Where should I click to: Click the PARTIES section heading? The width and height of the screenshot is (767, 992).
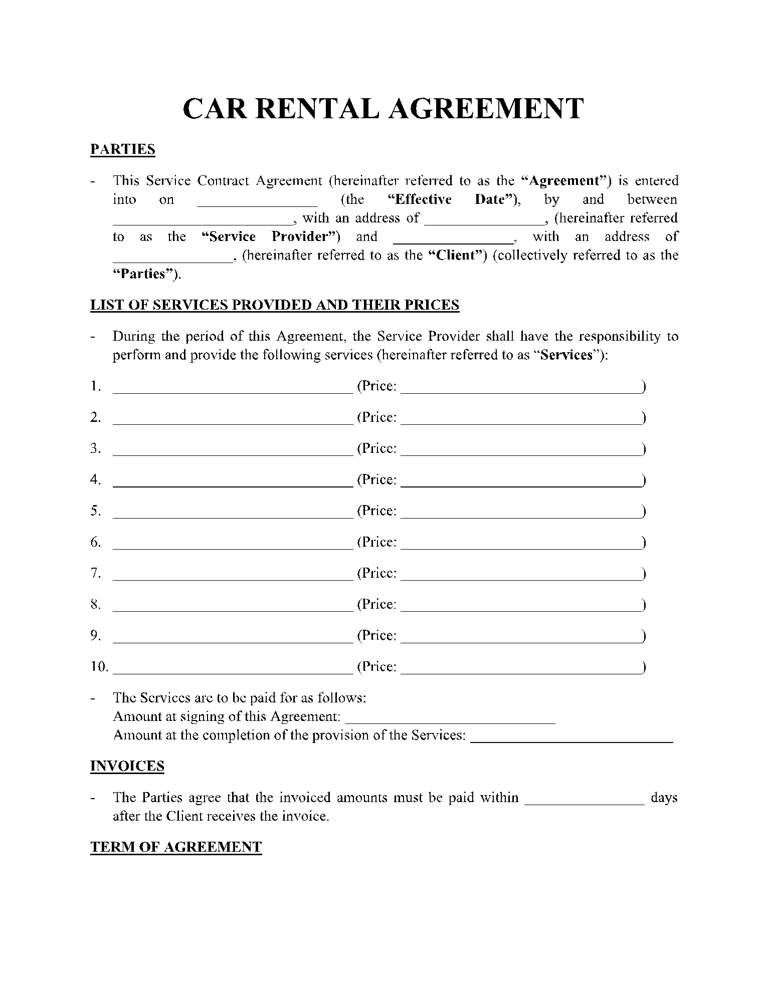click(123, 149)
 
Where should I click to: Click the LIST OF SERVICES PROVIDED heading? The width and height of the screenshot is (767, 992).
click(275, 305)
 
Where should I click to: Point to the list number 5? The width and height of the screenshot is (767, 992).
click(95, 511)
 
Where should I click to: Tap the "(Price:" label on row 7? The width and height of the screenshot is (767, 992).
click(376, 573)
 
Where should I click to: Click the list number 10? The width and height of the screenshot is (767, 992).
click(99, 666)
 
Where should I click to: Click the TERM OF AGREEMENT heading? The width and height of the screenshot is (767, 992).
click(176, 847)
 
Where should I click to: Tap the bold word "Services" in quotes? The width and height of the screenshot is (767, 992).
click(567, 355)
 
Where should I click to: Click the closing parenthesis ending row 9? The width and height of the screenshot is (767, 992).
click(643, 636)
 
